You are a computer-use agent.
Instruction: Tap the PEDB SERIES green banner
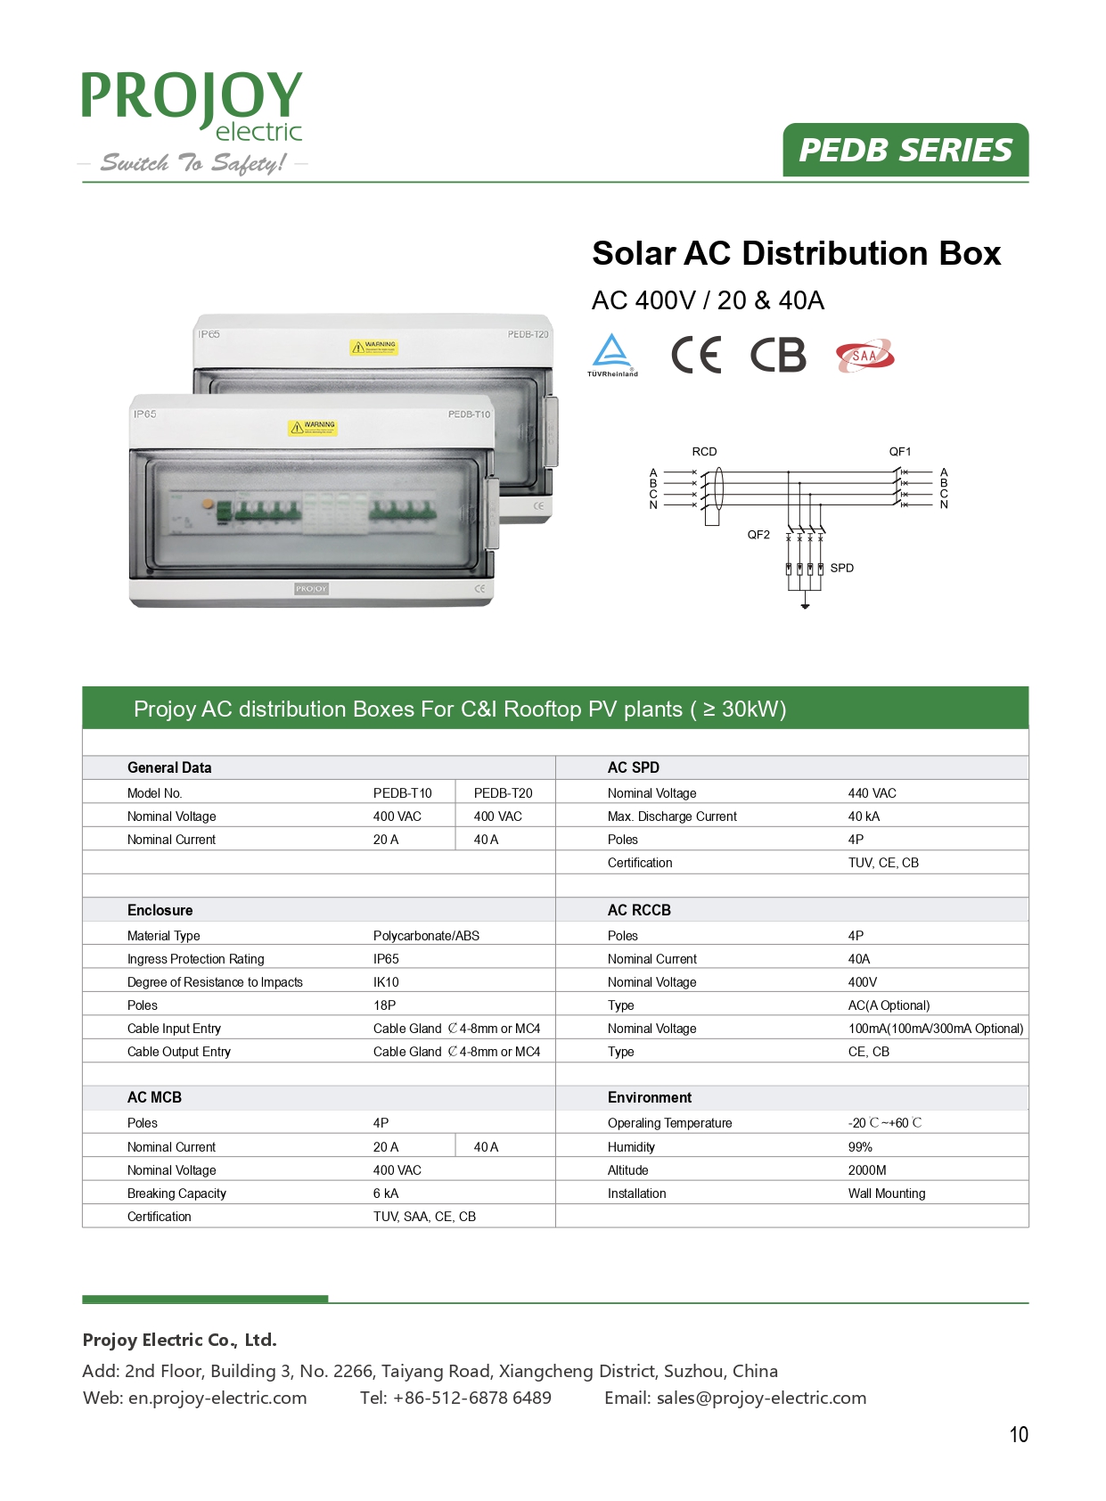click(905, 150)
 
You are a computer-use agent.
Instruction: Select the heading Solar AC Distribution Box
click(796, 253)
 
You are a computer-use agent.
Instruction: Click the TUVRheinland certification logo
click(612, 355)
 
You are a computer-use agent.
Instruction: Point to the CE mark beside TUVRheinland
click(695, 355)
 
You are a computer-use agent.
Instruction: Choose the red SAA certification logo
click(864, 356)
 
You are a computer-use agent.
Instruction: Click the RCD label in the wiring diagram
click(704, 452)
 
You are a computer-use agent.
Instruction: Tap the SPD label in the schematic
click(841, 568)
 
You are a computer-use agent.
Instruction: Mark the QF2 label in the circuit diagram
click(758, 535)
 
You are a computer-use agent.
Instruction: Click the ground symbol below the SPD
click(805, 605)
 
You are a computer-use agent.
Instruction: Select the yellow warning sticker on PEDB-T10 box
click(313, 428)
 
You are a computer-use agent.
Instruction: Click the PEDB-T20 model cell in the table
click(503, 793)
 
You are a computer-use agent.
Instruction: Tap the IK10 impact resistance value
click(386, 982)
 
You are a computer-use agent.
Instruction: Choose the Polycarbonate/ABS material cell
click(426, 936)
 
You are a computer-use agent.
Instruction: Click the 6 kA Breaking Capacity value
click(385, 1193)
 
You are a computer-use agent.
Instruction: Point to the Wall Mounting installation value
click(886, 1193)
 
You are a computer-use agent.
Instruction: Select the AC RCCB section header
click(639, 910)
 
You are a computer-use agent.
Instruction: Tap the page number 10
click(1018, 1434)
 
